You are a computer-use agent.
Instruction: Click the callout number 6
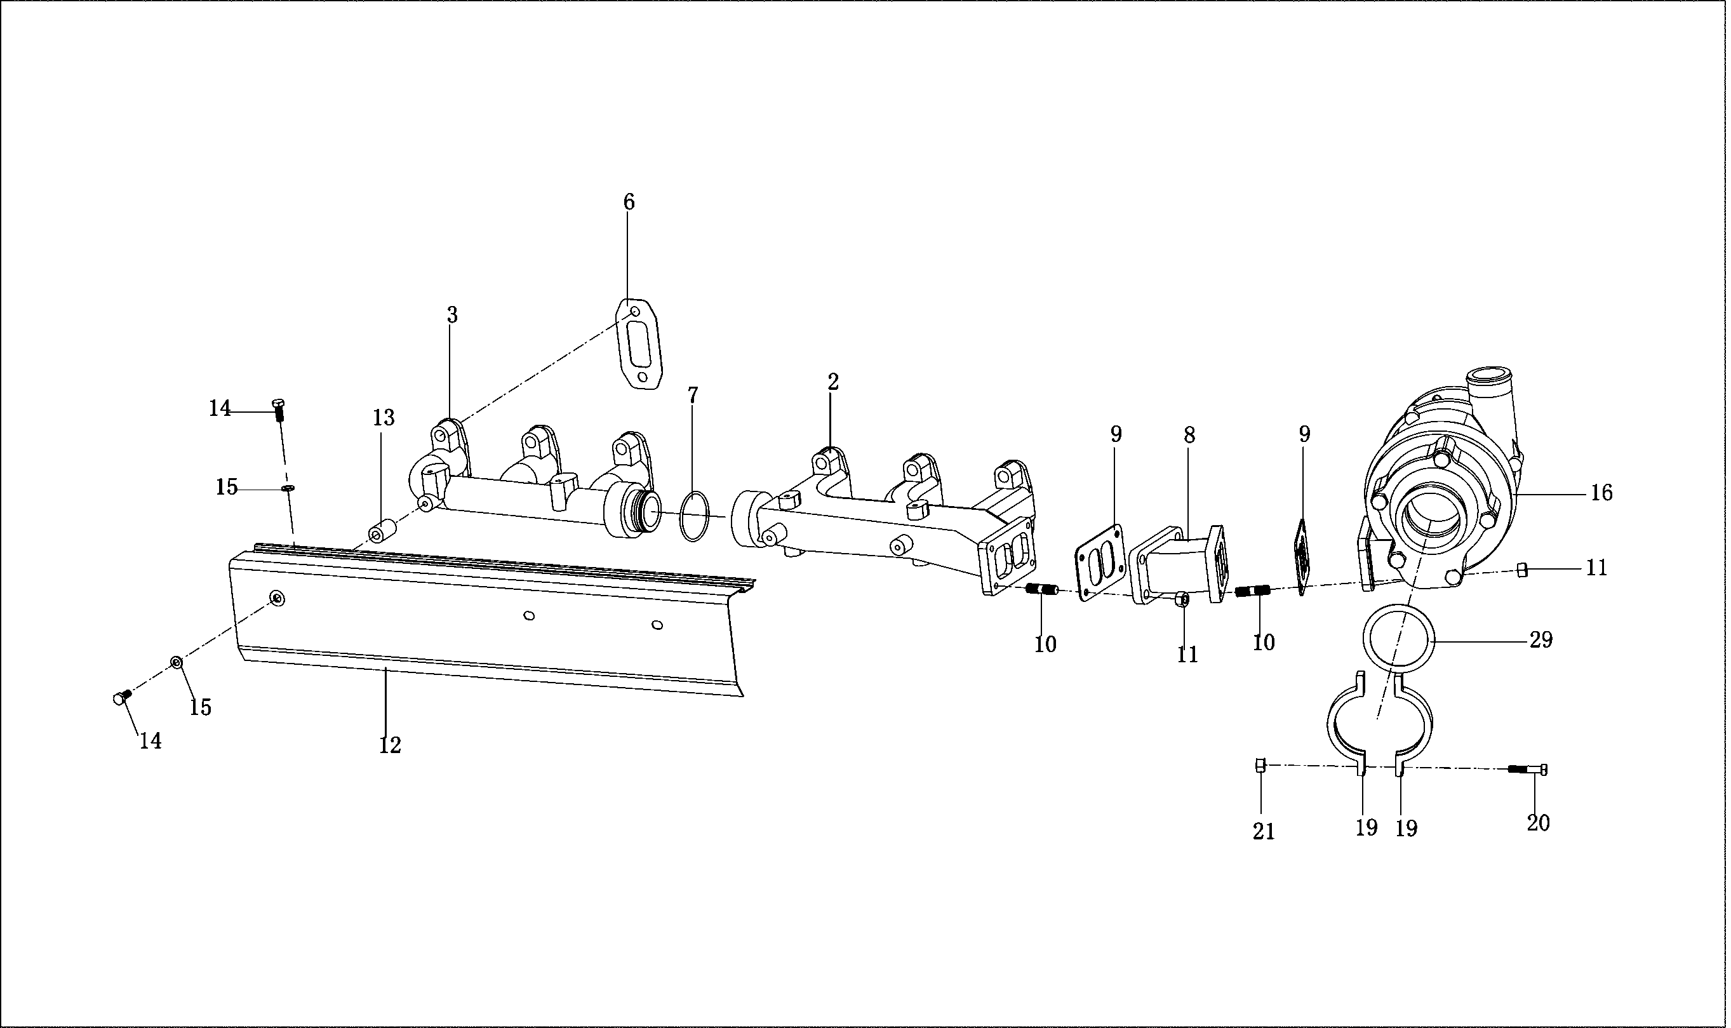628,203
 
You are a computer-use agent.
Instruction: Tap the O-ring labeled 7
695,516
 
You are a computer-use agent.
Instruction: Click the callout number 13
383,418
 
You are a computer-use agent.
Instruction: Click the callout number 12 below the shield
390,745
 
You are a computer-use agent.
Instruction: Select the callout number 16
1601,493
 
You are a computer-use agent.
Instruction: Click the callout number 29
1541,640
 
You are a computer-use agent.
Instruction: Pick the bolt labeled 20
1528,769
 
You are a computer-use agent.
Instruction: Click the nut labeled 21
1260,766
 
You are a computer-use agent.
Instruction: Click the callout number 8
1189,435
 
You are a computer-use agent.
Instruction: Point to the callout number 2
832,382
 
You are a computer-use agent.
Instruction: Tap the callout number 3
451,316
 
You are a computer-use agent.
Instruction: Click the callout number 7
693,395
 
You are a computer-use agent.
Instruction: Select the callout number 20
1538,823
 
